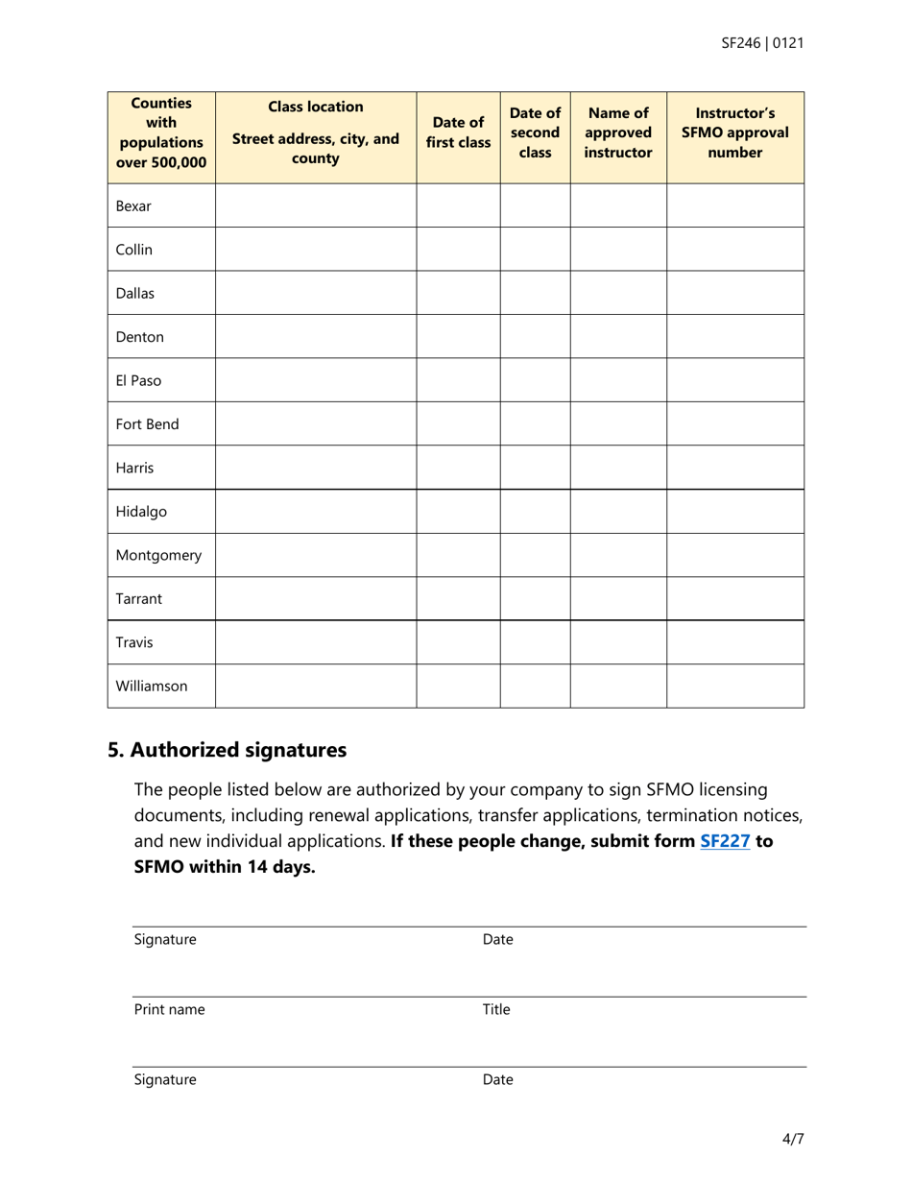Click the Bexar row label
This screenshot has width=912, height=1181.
point(133,206)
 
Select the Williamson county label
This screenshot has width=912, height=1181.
point(152,687)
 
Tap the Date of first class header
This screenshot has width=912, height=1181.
point(458,133)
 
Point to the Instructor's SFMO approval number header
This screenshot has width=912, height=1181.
point(734,133)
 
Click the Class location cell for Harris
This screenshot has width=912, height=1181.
point(315,468)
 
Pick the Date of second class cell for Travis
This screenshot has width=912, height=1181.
point(535,642)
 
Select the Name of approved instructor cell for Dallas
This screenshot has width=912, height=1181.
point(618,293)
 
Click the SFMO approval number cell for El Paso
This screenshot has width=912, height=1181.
point(734,380)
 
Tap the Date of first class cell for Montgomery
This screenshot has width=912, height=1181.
point(458,555)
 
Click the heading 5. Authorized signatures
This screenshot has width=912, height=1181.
point(227,750)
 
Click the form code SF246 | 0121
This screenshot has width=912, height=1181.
point(762,43)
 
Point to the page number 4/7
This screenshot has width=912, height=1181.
point(793,1140)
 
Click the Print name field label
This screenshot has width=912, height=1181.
point(169,1010)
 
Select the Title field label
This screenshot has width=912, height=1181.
point(496,1010)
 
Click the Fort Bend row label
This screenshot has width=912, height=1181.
point(147,424)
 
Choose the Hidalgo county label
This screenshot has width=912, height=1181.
point(141,512)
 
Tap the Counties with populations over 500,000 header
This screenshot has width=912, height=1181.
point(161,133)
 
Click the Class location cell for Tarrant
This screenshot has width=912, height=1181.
point(315,599)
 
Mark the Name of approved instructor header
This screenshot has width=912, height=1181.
point(618,133)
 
